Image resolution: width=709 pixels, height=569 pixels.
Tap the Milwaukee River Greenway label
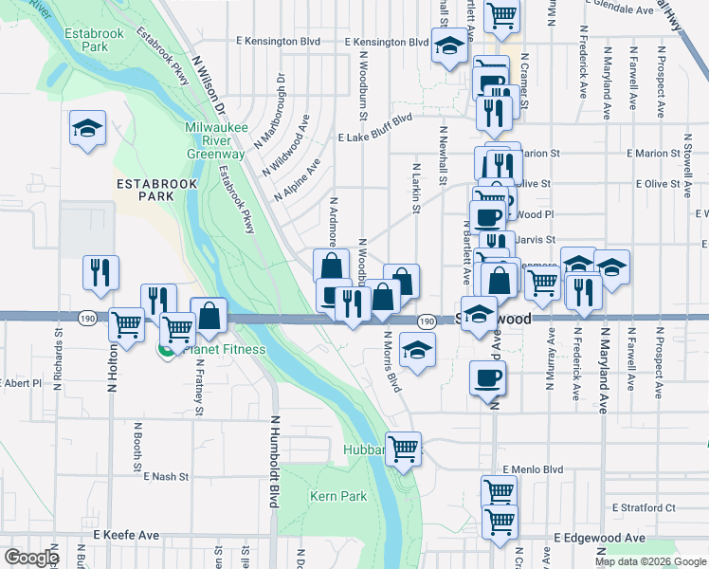click(x=215, y=139)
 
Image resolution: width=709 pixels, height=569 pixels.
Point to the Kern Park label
click(x=337, y=496)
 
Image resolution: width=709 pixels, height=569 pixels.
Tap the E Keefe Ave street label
click(x=126, y=535)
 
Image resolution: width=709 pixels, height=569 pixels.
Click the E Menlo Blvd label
click(x=533, y=468)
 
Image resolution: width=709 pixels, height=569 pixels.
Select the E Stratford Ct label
click(x=644, y=507)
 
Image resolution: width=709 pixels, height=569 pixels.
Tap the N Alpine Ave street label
click(x=298, y=178)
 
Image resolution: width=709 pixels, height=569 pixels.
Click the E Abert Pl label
click(x=22, y=383)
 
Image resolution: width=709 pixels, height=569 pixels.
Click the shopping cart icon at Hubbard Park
click(x=404, y=448)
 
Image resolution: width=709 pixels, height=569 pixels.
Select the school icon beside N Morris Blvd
click(x=415, y=349)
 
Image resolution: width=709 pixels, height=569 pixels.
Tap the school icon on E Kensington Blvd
click(x=446, y=45)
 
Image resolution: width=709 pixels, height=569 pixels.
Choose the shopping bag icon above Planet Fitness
click(x=209, y=316)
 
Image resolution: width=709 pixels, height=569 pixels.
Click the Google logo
click(x=31, y=558)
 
